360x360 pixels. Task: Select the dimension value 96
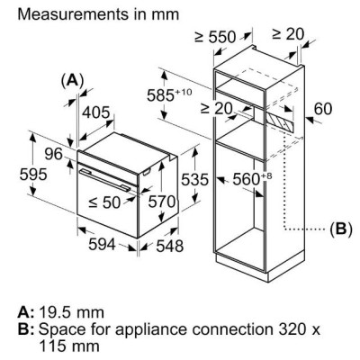tap(53, 155)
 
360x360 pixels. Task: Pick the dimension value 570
tap(160, 202)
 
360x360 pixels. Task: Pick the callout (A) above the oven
tap(71, 80)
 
